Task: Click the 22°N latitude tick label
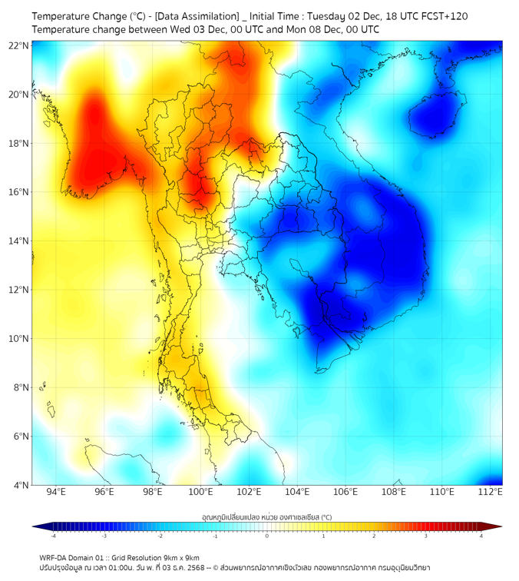coord(19,45)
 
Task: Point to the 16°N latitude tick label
coord(19,192)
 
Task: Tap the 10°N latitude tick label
coord(19,339)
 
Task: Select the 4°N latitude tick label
coord(21,485)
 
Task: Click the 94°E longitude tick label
coord(56,492)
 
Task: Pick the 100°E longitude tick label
coord(201,492)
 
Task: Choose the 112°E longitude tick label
coord(490,492)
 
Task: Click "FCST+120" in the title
coord(441,15)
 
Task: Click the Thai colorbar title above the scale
coord(266,516)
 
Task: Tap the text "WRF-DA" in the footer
coord(55,557)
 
